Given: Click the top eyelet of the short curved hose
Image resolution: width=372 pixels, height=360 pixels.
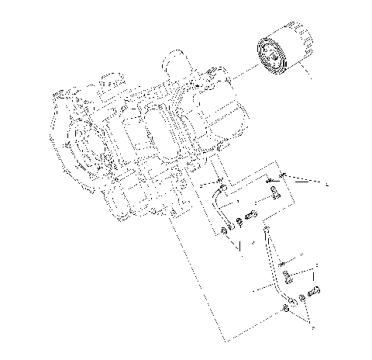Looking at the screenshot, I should [222, 187].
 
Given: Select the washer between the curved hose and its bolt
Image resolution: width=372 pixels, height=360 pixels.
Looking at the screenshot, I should [239, 220].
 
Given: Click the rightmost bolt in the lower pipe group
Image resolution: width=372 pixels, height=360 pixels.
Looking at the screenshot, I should [315, 293].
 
